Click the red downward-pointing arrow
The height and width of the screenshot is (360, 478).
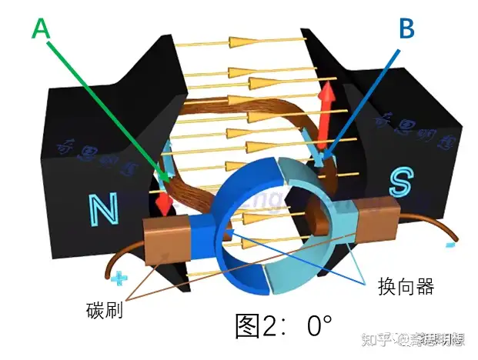[x=163, y=202]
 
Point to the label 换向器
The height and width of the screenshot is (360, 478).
[x=406, y=288]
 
